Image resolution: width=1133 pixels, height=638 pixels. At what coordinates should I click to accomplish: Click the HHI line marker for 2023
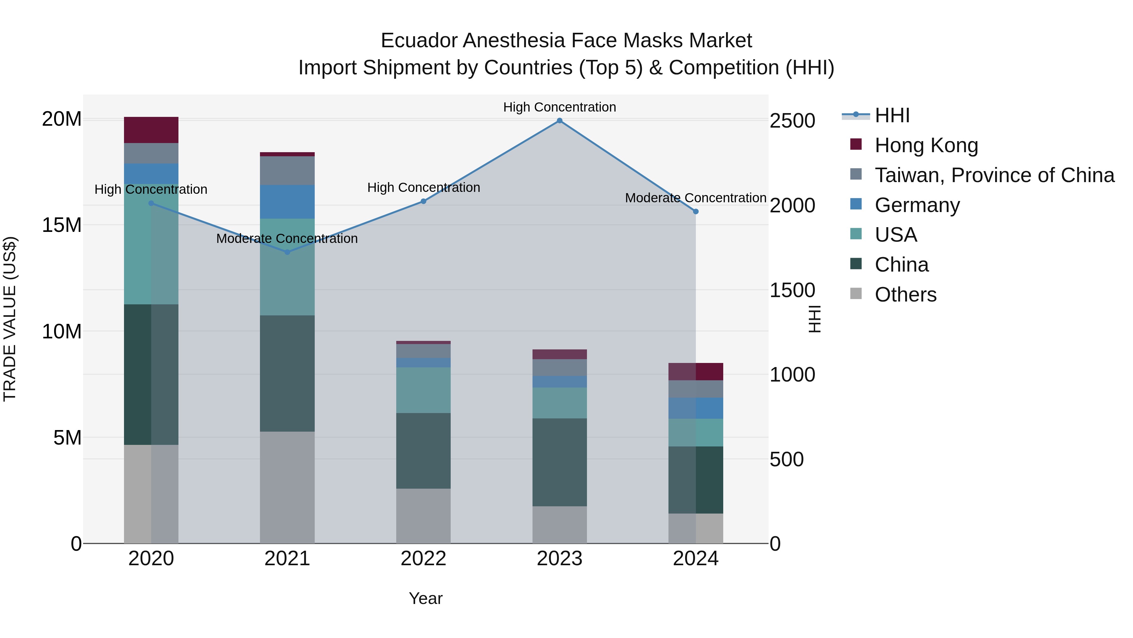click(560, 121)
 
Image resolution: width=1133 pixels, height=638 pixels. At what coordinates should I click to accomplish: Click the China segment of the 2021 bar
click(287, 373)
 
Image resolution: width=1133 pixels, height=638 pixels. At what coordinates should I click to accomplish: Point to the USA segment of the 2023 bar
click(560, 403)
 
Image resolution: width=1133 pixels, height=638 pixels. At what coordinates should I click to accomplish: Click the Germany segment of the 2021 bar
click(287, 202)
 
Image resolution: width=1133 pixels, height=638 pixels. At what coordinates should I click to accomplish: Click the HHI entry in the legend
click(892, 115)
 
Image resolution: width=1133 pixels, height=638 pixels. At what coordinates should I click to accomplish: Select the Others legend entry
click(905, 295)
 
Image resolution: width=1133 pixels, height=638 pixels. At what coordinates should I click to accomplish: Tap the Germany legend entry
click(917, 205)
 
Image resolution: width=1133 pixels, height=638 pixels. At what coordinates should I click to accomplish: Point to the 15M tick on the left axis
click(62, 225)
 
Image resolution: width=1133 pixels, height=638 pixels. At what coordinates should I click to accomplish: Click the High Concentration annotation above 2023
click(560, 107)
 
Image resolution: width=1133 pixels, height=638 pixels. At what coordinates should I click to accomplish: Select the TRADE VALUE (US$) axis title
click(10, 319)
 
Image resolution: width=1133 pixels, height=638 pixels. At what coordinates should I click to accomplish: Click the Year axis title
click(425, 598)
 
